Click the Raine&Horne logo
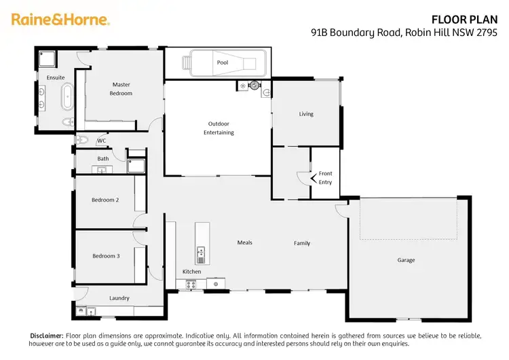(x=60, y=20)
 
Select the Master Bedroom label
(x=121, y=89)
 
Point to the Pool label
(x=223, y=62)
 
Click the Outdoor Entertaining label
(x=219, y=128)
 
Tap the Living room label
(x=306, y=113)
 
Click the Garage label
(x=406, y=259)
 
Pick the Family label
(x=302, y=242)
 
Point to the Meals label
(x=244, y=242)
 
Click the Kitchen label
(x=191, y=272)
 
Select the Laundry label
(x=119, y=298)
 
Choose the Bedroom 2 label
(x=105, y=200)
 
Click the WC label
(x=102, y=141)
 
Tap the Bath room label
(x=103, y=159)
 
